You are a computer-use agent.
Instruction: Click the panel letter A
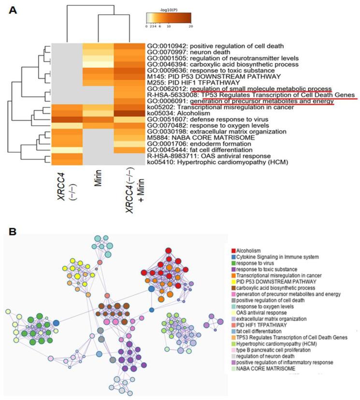click(15, 10)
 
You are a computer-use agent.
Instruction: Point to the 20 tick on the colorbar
click(191, 27)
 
